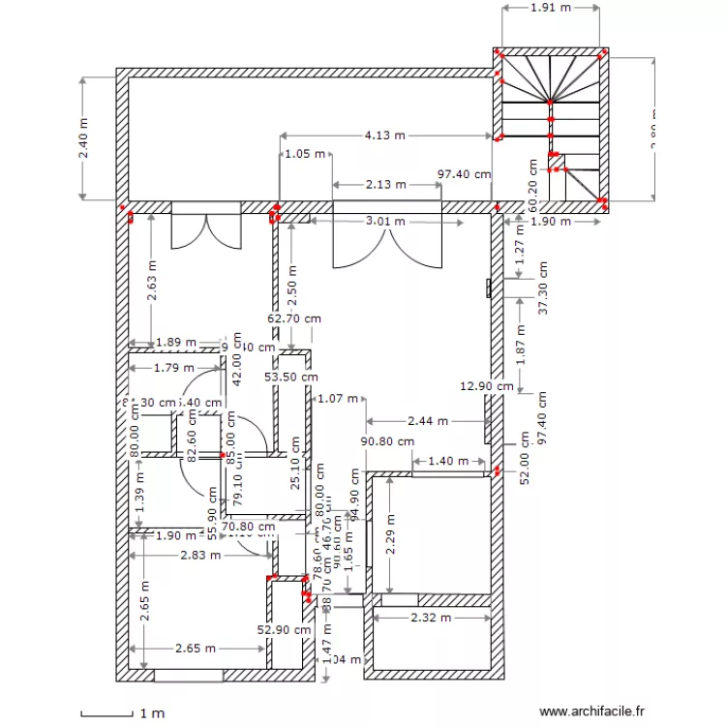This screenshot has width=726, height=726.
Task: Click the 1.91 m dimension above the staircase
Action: (551, 7)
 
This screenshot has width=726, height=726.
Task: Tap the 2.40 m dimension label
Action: (83, 138)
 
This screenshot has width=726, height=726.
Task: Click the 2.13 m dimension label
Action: (385, 184)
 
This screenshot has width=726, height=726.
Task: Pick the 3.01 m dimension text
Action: (385, 221)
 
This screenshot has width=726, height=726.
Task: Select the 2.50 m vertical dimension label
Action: (291, 281)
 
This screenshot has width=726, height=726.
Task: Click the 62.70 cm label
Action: (293, 317)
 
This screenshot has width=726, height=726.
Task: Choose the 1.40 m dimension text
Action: (447, 461)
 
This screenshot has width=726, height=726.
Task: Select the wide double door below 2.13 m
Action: (386, 236)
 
